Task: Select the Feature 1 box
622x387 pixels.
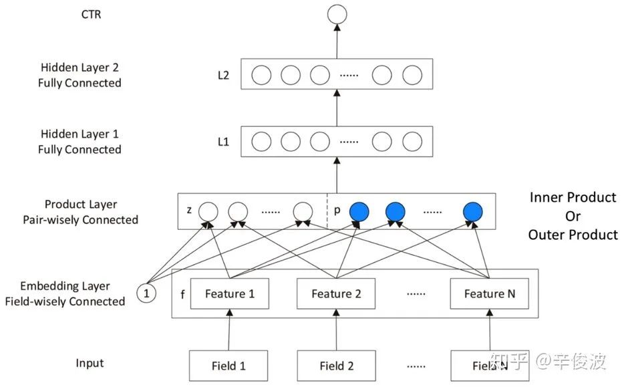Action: point(229,294)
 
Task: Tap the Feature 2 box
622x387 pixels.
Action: point(336,294)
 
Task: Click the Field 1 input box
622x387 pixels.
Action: point(229,366)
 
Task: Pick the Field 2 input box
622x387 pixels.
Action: point(336,366)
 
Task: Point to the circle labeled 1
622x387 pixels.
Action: point(146,293)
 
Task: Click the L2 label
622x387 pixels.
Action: point(223,76)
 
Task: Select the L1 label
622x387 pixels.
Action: point(223,142)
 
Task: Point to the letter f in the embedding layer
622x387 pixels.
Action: point(182,293)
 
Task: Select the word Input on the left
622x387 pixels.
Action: point(90,364)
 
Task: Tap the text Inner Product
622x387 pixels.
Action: point(573,198)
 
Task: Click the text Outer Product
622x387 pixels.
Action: point(573,235)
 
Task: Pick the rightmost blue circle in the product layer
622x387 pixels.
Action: point(473,212)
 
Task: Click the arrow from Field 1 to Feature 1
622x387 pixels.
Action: point(229,330)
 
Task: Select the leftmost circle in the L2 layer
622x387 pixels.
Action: point(261,75)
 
